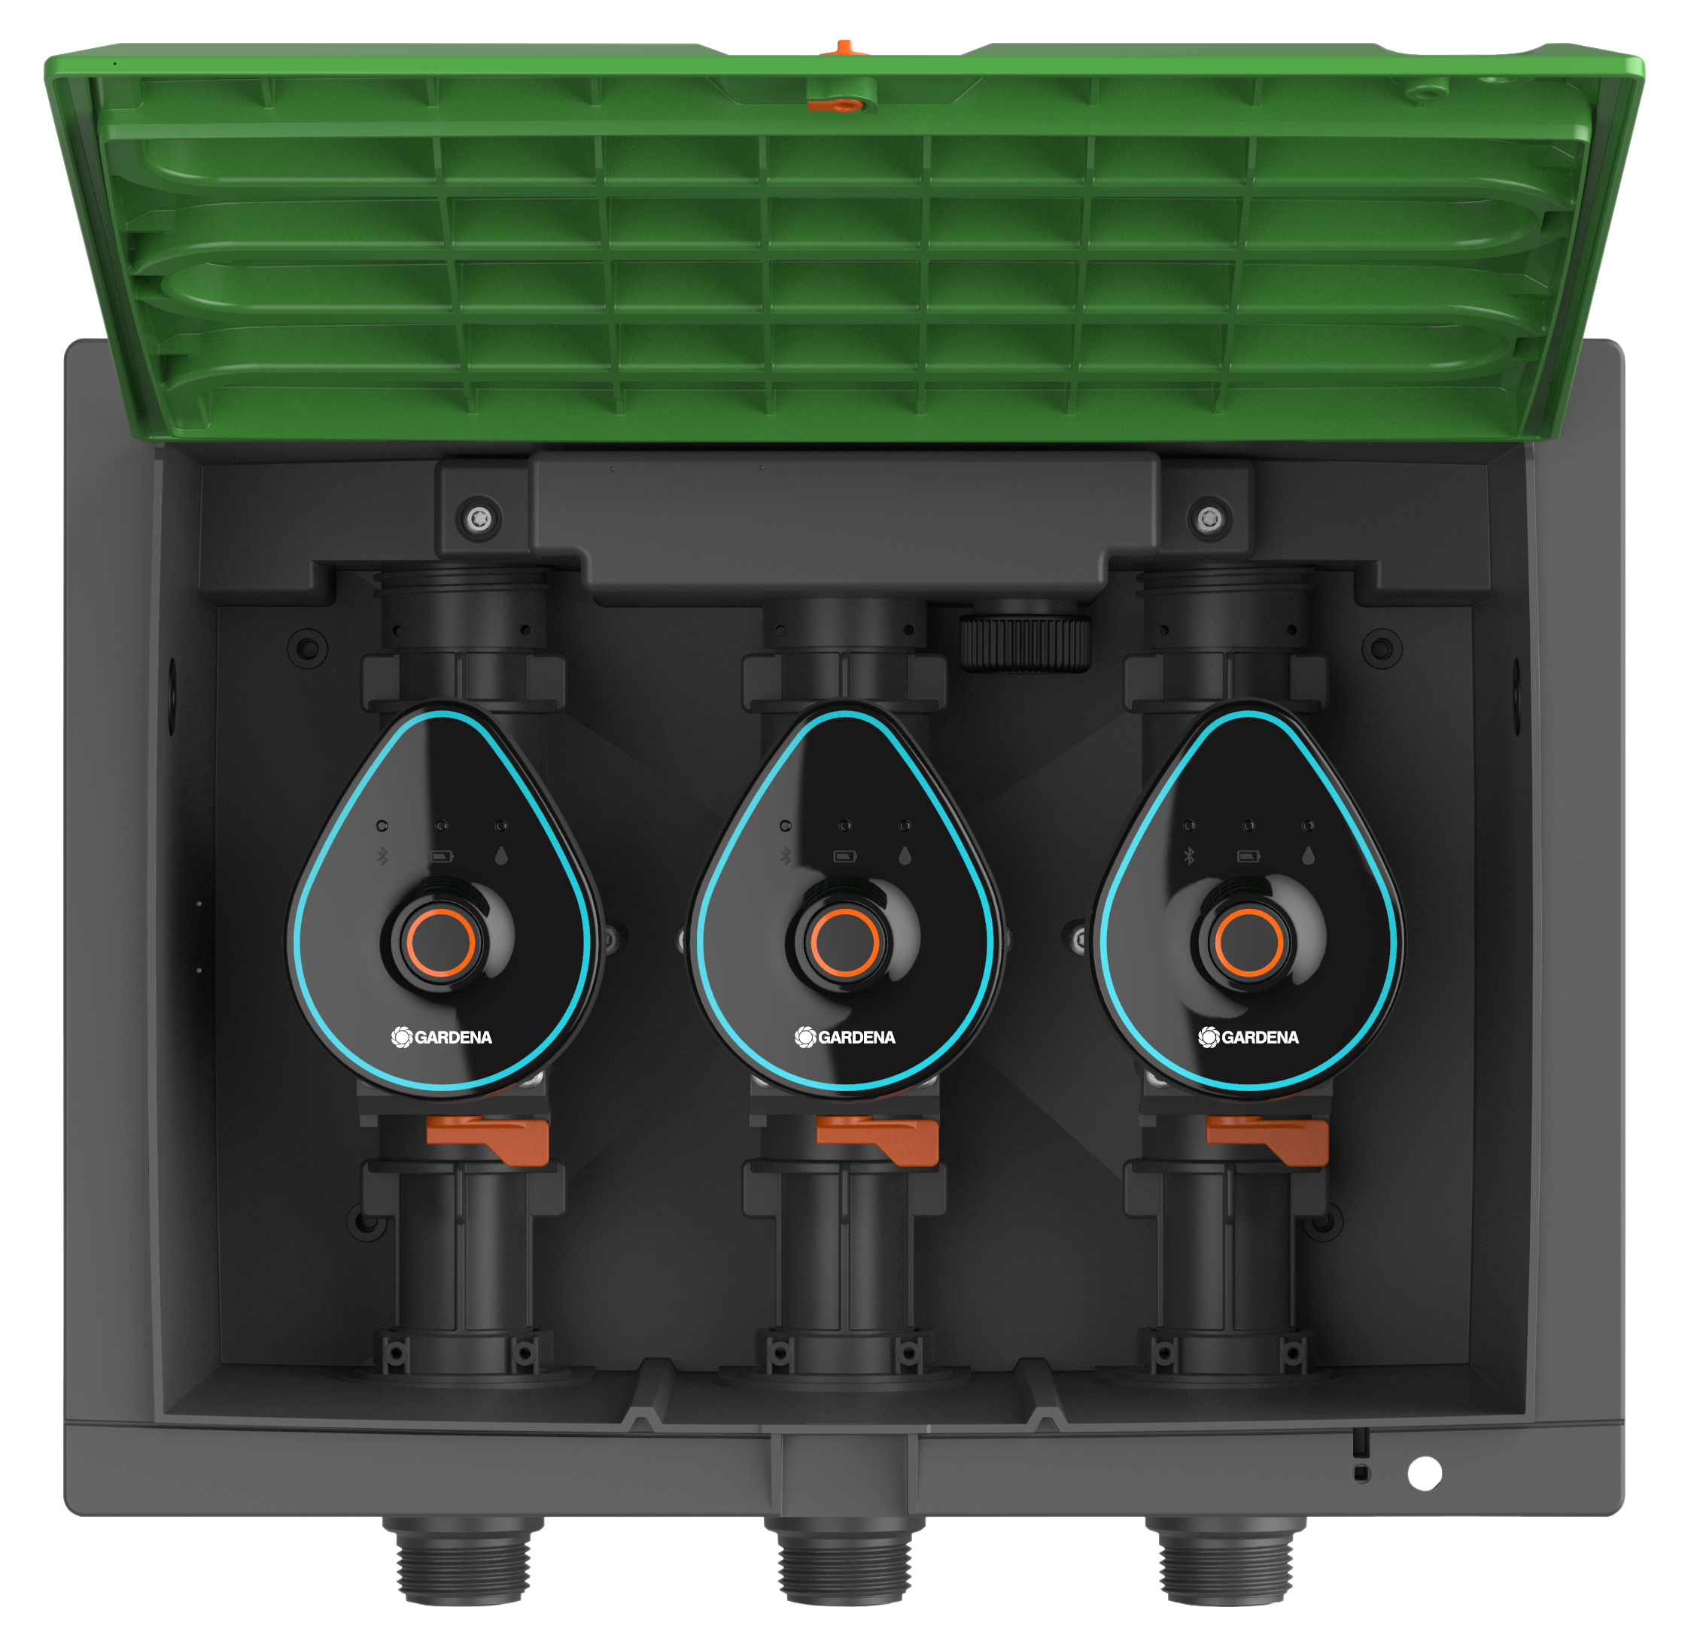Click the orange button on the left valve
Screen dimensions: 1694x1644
pos(441,942)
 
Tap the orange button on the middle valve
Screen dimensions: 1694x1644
pos(844,942)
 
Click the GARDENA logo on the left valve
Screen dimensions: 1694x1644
pos(441,1037)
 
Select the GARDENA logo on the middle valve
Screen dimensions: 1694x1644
pos(844,1037)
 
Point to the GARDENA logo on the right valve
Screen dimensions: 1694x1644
pos(1248,1037)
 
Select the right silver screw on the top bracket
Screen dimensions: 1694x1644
pos(1209,519)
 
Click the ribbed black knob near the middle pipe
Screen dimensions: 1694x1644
pos(1025,642)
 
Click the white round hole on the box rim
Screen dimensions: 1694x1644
pos(1425,1473)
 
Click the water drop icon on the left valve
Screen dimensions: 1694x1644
pos(501,855)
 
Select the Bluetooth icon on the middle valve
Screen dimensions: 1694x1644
pos(786,855)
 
